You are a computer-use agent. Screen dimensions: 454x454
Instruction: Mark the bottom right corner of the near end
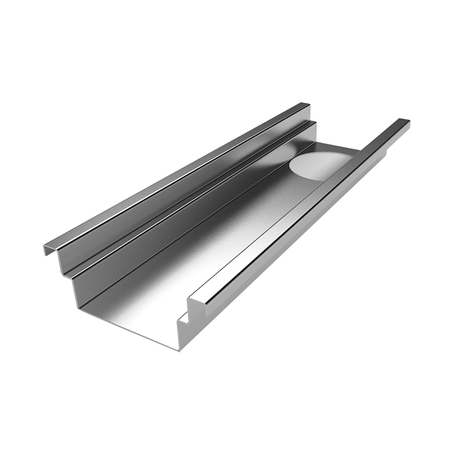click(x=180, y=347)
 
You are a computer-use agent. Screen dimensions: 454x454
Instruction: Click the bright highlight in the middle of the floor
click(x=227, y=227)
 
